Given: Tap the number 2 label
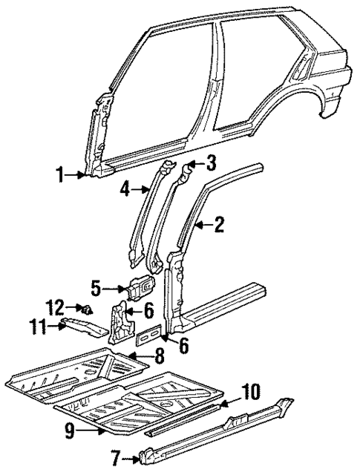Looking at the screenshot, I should [x=219, y=223].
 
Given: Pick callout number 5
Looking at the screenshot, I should [x=96, y=286].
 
